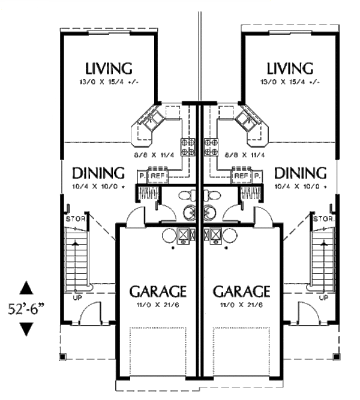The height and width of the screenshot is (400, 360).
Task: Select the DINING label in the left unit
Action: click(98, 173)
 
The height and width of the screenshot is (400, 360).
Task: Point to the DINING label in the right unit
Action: click(301, 173)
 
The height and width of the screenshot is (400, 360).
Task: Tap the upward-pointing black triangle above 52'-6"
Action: click(26, 288)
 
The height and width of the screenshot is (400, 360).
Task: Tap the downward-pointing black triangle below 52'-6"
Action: click(26, 329)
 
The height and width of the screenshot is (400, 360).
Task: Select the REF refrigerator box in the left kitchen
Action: click(158, 176)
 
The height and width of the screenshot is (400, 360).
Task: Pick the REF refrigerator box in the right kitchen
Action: click(241, 176)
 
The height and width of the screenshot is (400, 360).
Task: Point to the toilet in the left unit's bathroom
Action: click(188, 195)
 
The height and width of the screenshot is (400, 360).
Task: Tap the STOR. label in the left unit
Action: click(75, 218)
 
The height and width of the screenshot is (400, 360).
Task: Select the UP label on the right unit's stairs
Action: click(324, 297)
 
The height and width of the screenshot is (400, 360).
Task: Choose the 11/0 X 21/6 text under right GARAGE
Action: click(241, 305)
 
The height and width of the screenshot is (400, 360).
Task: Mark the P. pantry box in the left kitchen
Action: click(142, 176)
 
